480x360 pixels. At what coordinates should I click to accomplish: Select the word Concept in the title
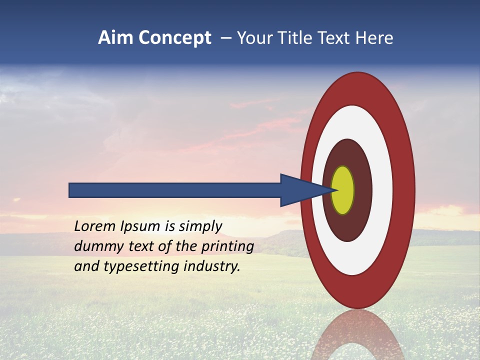[175, 38]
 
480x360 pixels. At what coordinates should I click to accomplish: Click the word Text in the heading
[333, 38]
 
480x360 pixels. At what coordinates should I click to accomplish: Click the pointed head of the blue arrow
[300, 190]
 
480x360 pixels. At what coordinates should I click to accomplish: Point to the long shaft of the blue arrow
[175, 190]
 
